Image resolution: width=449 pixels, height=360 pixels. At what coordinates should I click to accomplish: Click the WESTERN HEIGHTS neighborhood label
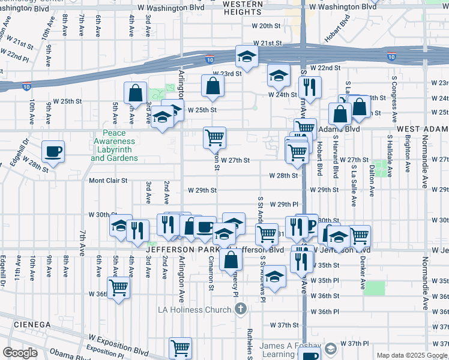(x=243, y=8)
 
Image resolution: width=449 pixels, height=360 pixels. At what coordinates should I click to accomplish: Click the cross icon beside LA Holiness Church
(x=240, y=310)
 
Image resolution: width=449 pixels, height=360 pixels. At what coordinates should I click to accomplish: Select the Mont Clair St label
(x=109, y=180)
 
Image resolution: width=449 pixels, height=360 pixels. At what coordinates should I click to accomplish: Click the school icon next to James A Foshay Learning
(x=330, y=349)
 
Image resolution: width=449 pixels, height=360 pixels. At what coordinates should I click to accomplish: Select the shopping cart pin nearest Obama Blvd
(x=180, y=347)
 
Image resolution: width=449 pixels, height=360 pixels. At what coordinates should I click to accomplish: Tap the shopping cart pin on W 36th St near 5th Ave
(x=119, y=287)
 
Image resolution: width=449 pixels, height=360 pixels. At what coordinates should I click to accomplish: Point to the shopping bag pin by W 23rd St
(x=213, y=86)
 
